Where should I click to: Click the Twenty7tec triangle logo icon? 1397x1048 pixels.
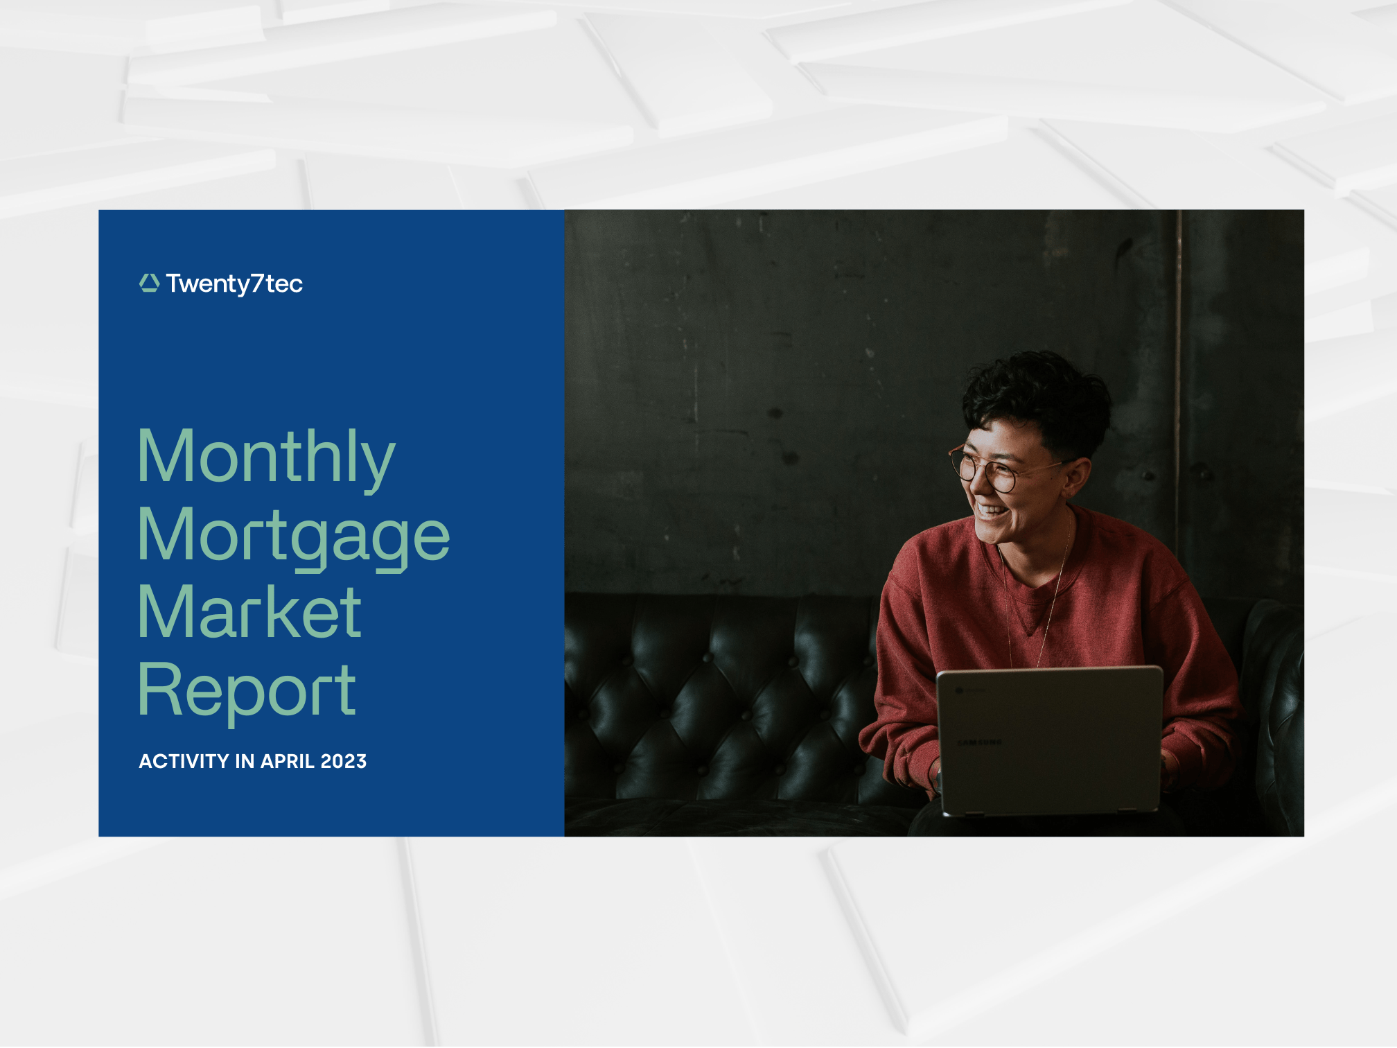tap(149, 283)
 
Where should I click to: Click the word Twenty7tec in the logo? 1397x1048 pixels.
tap(234, 284)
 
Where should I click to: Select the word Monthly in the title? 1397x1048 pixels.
tap(267, 458)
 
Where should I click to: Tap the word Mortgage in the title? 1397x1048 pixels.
tap(294, 537)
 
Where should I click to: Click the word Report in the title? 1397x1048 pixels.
tap(247, 691)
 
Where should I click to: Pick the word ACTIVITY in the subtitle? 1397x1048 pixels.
tap(184, 761)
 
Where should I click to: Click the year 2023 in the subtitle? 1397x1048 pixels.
tap(344, 761)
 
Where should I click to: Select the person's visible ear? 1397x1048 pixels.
tap(1076, 477)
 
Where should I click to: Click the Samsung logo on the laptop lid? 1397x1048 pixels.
tap(979, 742)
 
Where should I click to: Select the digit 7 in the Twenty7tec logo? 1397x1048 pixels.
tap(257, 283)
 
